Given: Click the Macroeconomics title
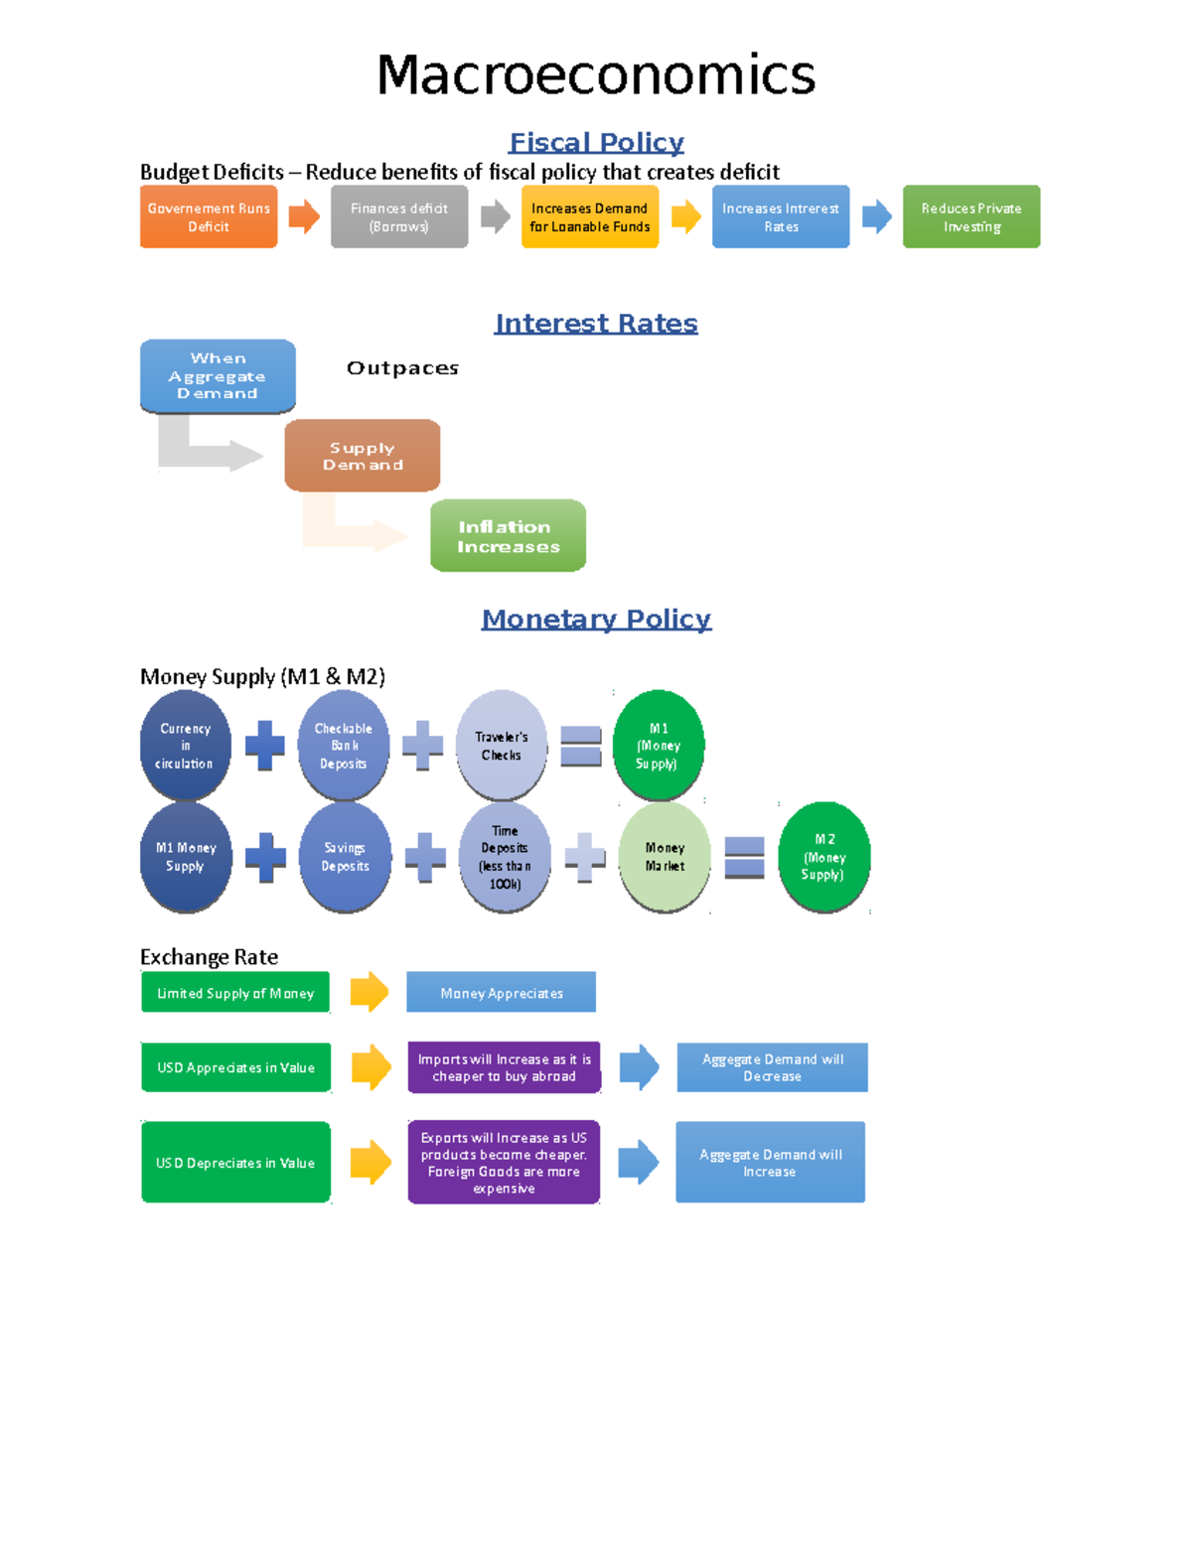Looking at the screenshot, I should pos(596,75).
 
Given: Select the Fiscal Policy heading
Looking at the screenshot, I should pos(596,142).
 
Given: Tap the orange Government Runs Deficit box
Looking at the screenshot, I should pos(209,216).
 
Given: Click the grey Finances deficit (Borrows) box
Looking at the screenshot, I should pos(399,216).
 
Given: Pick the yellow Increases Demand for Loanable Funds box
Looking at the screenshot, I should pos(590,216).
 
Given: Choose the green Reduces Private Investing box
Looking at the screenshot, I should pos(971,216).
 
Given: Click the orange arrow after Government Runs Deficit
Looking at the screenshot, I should pos(304,215).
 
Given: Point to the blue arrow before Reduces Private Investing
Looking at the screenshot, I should pos(876,215).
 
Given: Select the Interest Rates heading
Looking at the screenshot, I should pos(596,323).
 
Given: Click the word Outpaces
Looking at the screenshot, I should pos(402,367).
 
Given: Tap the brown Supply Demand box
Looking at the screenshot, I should pos(363,456).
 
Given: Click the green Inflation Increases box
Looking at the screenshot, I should pos(508,536).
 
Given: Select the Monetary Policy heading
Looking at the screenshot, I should pos(596,619).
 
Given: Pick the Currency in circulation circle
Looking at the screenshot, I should pos(185,746).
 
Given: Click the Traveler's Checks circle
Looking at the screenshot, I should pos(502,746).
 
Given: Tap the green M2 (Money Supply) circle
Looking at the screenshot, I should pos(824,857).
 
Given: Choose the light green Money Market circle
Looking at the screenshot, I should pos(665,857).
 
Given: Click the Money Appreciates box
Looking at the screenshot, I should pos(502,992).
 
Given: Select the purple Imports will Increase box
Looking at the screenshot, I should pos(504,1067).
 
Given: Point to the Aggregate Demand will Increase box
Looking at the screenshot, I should pos(770,1162).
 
